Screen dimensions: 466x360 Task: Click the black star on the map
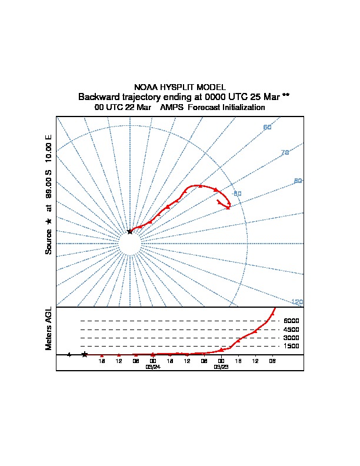pos(130,231)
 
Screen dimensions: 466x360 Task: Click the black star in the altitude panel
pos(85,354)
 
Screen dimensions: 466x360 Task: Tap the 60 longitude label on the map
pos(267,128)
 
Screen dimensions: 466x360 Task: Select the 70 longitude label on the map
pos(285,153)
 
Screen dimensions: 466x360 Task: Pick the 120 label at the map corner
pos(297,302)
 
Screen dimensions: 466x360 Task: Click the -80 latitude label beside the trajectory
pos(237,194)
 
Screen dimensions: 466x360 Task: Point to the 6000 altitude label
pos(291,321)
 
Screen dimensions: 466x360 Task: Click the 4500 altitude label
pos(291,329)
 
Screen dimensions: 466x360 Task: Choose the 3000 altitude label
pos(291,338)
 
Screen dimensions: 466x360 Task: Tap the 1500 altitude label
pos(291,346)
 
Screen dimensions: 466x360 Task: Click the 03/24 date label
pos(153,366)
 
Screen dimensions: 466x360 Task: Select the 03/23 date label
pos(221,366)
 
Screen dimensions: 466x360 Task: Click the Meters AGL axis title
pos(49,328)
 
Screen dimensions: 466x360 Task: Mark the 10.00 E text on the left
pos(49,149)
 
